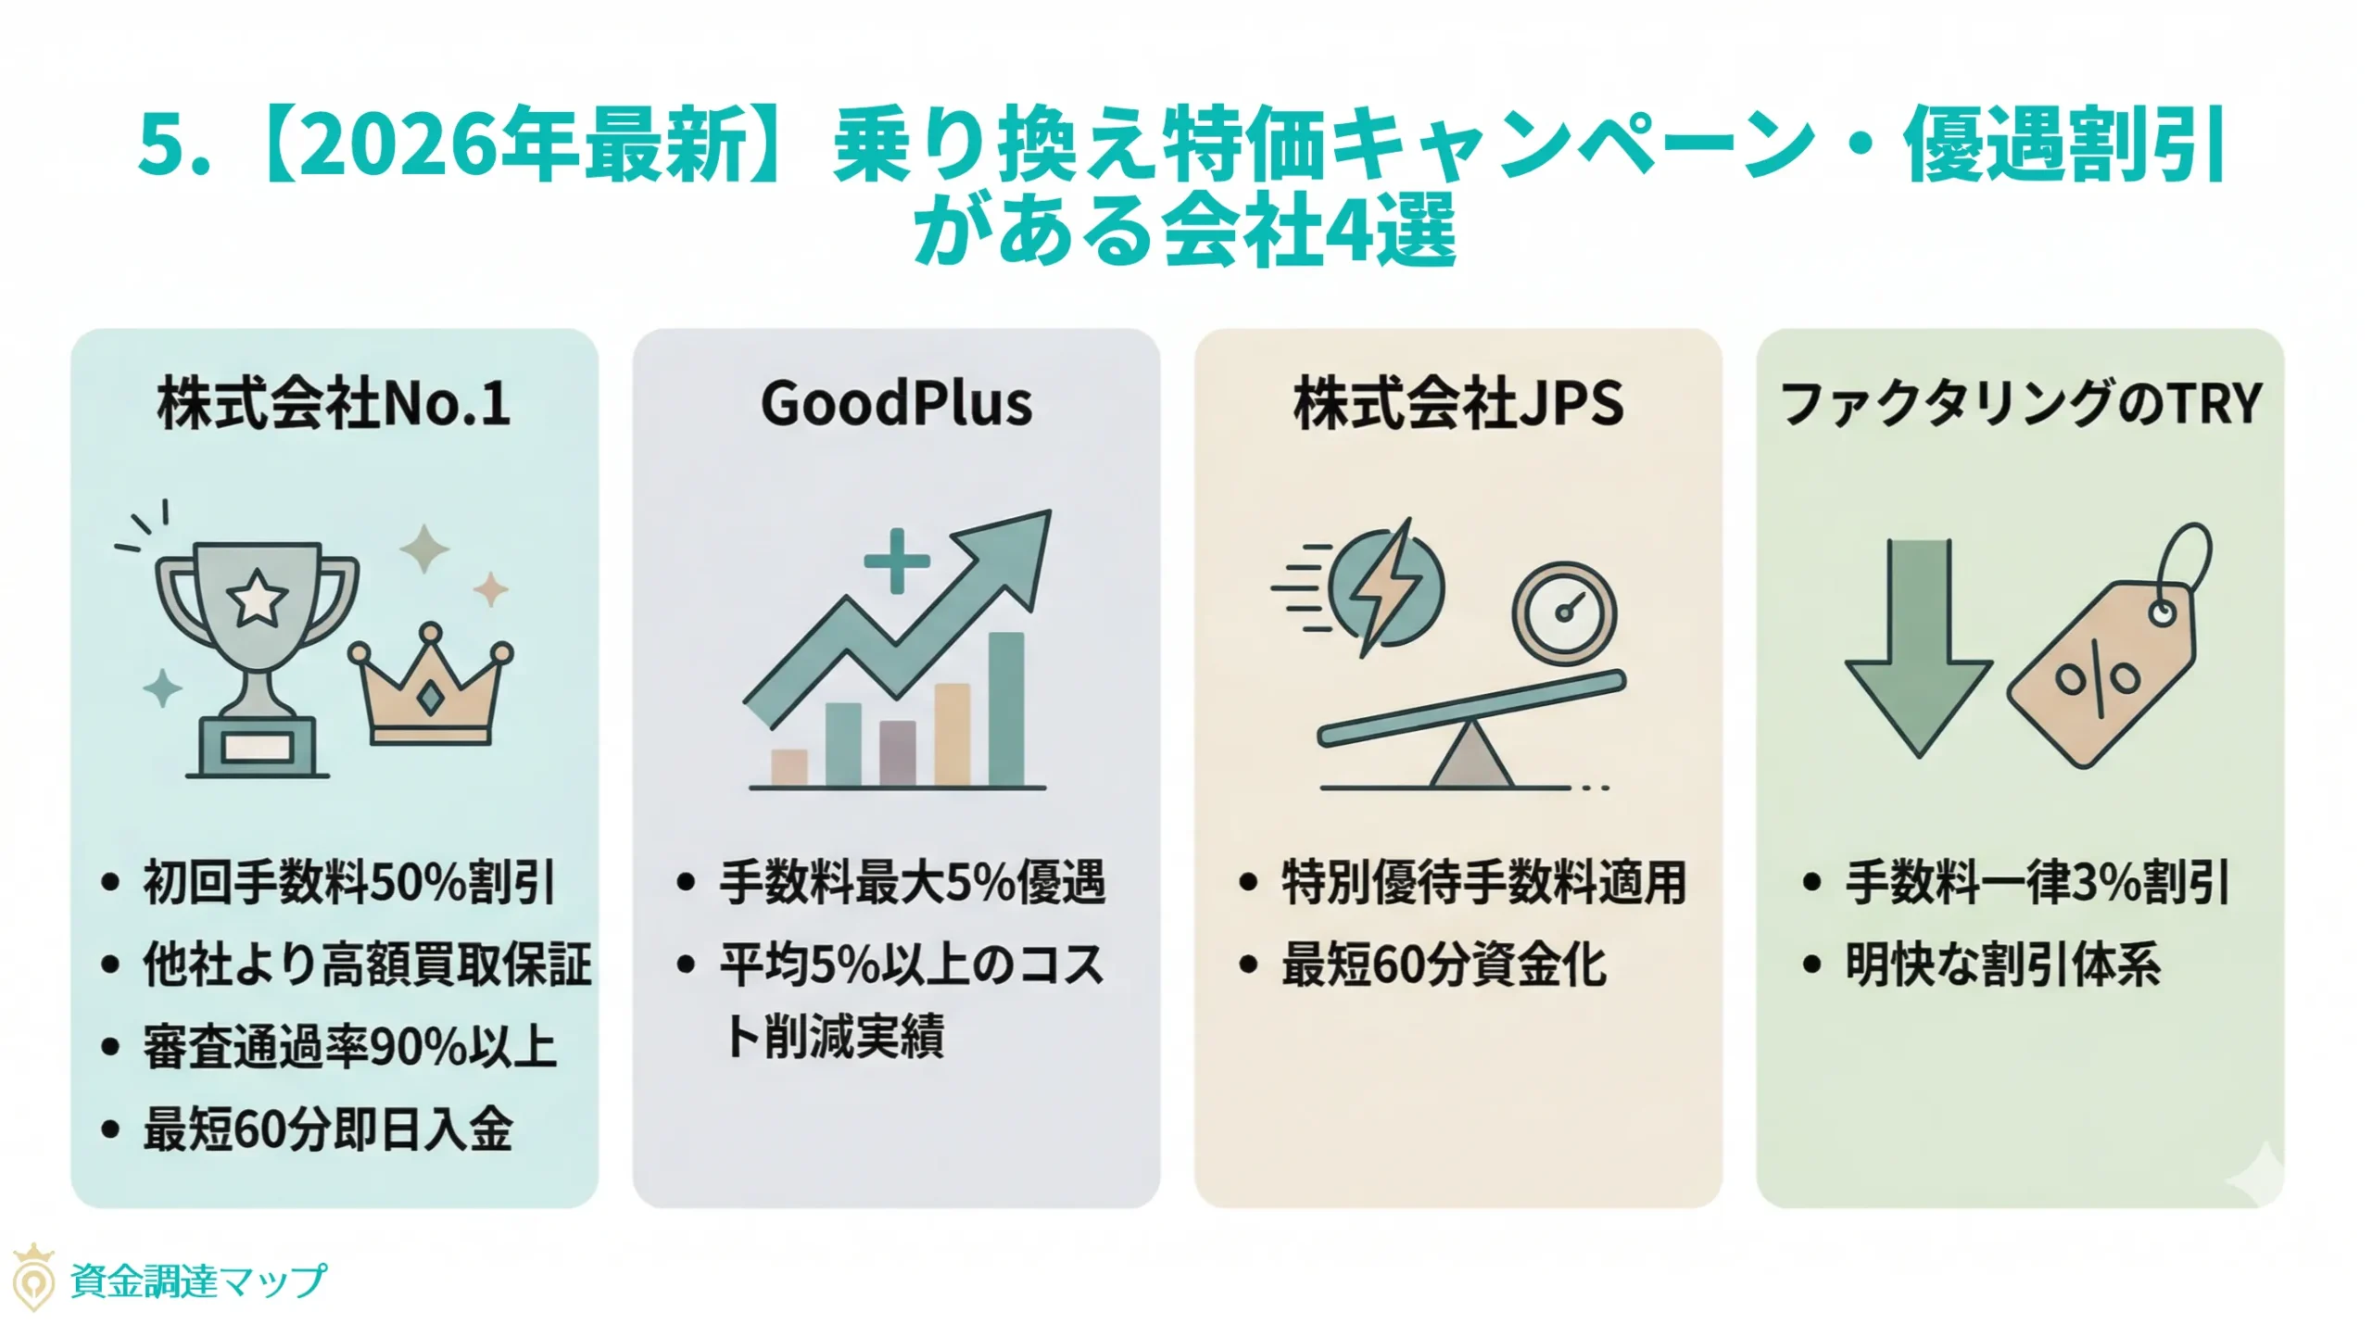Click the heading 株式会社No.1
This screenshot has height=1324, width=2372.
[x=334, y=404]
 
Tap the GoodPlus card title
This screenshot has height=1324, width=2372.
[x=896, y=404]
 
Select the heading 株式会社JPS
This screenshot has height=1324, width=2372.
[x=1458, y=404]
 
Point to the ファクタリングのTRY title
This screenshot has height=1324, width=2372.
[x=2021, y=404]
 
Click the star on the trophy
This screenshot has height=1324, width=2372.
[x=257, y=598]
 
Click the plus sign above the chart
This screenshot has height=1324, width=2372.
[x=896, y=561]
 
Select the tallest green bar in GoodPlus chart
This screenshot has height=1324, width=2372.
[x=1006, y=709]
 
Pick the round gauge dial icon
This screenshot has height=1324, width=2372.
[x=1564, y=613]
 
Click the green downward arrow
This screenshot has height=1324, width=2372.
[x=1919, y=649]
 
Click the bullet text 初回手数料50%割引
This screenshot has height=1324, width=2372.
[x=348, y=882]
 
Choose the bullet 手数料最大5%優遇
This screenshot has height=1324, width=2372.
[x=913, y=882]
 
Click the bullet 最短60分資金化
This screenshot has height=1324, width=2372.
[x=1444, y=965]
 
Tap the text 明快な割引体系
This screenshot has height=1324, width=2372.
[x=2002, y=965]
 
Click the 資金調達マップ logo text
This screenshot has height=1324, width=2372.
[x=198, y=1281]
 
